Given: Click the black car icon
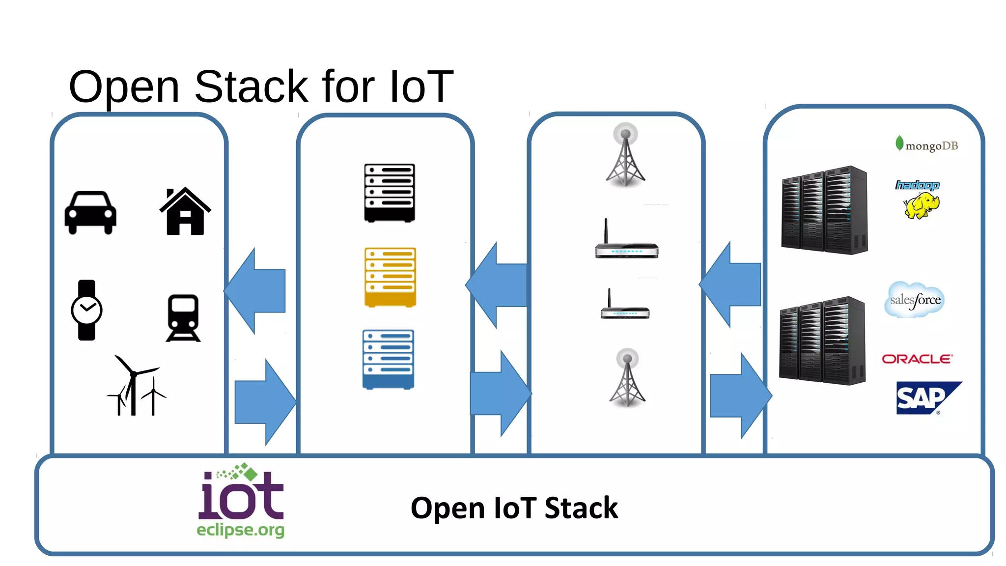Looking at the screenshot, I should [x=90, y=213].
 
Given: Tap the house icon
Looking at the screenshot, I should [x=185, y=212].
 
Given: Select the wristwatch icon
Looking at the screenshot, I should [x=86, y=310].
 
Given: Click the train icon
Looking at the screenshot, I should [x=183, y=318].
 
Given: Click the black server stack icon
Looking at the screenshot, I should [x=390, y=193].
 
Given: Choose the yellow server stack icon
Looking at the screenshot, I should [x=390, y=277].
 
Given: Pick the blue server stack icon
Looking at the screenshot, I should [x=388, y=359].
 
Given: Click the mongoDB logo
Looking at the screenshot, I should [x=926, y=145].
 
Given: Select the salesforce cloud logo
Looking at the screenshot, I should [x=915, y=300].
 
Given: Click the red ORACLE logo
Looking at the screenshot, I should [x=917, y=359].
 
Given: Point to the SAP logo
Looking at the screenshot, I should [x=923, y=398].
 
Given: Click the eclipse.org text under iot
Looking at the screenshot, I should [x=240, y=530].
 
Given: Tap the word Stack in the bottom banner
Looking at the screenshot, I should [x=581, y=508].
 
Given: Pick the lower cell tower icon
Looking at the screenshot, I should [x=627, y=378].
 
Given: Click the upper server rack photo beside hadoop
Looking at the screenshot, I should [x=824, y=210].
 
